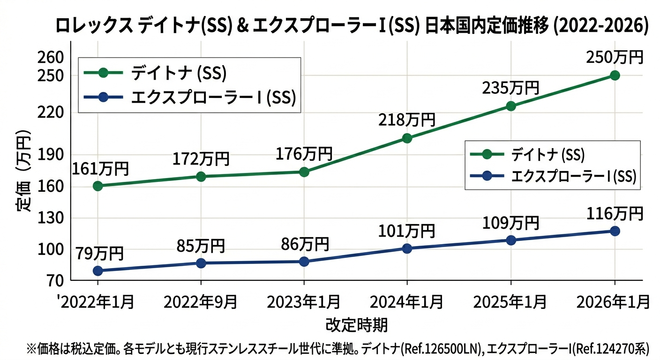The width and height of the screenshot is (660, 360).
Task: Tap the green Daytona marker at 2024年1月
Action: pos(407,138)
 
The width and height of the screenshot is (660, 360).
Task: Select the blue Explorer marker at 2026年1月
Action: pos(615,231)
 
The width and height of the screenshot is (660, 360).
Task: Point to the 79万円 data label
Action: pos(97,254)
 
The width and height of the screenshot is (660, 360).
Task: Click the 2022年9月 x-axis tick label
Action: pos(201,302)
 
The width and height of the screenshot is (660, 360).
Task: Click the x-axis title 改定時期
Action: pos(356,324)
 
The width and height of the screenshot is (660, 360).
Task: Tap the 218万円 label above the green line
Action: pos(407,120)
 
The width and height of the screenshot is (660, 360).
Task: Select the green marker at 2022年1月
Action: pos(97,186)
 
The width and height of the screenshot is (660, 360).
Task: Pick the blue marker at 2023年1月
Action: pos(304,262)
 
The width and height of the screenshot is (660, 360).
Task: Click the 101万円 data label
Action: pos(407,231)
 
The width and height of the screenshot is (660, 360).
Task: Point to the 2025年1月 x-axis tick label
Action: pos(510,302)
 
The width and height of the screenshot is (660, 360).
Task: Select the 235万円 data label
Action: pos(510,88)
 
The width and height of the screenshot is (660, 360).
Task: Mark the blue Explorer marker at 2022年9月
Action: pos(201,263)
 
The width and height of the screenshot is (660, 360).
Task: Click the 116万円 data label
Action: pos(614,214)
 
